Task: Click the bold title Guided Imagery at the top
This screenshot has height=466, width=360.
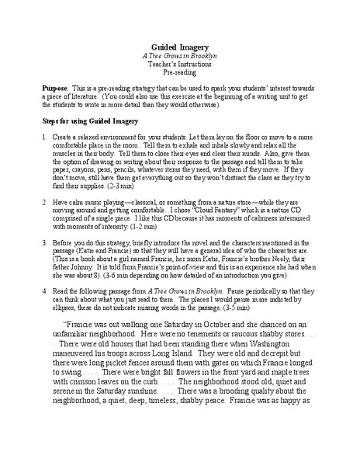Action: [x=180, y=47]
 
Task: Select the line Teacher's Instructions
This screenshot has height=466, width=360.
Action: [x=180, y=65]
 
